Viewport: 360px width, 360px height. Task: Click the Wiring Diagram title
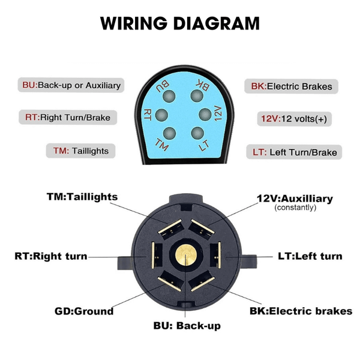tap(180, 23)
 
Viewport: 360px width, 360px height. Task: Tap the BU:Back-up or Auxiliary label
tap(71, 85)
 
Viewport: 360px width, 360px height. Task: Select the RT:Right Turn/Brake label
tap(67, 118)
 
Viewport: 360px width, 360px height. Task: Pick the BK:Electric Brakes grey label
tap(290, 86)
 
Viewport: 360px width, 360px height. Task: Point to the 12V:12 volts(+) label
tap(293, 119)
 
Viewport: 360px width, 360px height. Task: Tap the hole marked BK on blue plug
tap(196, 95)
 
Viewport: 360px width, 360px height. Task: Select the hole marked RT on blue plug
tap(161, 115)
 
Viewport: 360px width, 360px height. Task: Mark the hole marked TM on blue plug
tap(169, 133)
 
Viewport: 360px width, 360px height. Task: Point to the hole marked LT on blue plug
tap(196, 133)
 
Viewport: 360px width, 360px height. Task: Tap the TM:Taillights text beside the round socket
tap(82, 197)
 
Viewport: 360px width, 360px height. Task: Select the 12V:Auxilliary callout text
tap(295, 199)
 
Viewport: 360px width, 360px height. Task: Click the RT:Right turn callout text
tap(51, 256)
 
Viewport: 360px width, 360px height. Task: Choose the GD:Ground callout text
tap(84, 311)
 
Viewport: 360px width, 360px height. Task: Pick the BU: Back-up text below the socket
tap(187, 326)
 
